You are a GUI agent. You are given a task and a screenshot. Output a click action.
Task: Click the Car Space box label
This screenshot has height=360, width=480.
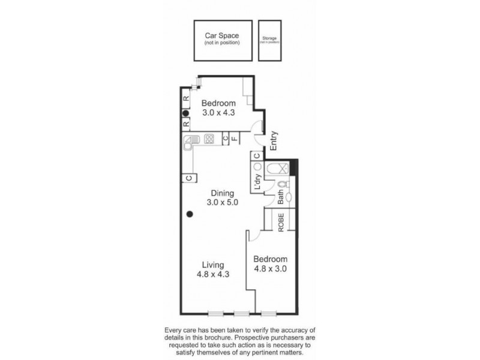[222, 36]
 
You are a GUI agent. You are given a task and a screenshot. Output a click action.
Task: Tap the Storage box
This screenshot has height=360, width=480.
[269, 40]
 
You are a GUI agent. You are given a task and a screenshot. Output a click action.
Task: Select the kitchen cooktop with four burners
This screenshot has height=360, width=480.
[209, 139]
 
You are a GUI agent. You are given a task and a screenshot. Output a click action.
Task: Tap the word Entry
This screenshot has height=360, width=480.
[274, 140]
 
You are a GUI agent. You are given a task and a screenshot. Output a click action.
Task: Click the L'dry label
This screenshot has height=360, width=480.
[257, 182]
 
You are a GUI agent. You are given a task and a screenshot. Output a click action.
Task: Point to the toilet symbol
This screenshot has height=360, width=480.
[286, 185]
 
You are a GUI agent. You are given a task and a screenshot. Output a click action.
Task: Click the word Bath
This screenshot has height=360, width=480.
[280, 196]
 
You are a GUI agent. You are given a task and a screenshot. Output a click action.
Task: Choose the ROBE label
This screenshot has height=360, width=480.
[280, 221]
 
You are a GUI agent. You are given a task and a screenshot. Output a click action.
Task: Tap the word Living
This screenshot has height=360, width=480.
[213, 265]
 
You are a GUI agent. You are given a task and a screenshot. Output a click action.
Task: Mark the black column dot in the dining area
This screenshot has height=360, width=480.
[190, 214]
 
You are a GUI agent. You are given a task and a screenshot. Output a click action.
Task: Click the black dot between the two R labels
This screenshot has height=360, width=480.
[186, 112]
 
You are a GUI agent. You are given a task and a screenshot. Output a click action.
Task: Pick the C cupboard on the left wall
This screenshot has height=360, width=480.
[188, 178]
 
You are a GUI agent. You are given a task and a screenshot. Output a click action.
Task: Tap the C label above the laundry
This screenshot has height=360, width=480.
[256, 157]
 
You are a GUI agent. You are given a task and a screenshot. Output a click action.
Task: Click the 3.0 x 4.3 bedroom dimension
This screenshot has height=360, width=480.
[218, 112]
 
